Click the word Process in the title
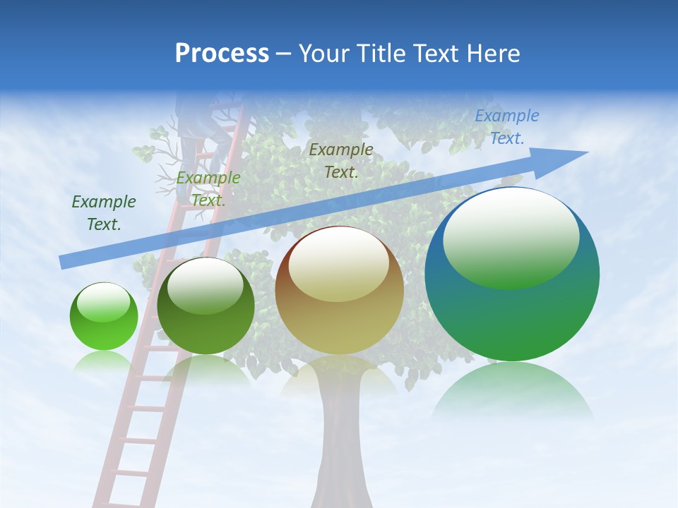coord(222,54)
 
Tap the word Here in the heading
coord(492,54)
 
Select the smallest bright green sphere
coord(104,317)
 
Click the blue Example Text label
coord(506,127)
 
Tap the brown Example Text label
coord(341,160)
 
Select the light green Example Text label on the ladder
coord(208,188)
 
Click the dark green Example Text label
coord(104,212)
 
